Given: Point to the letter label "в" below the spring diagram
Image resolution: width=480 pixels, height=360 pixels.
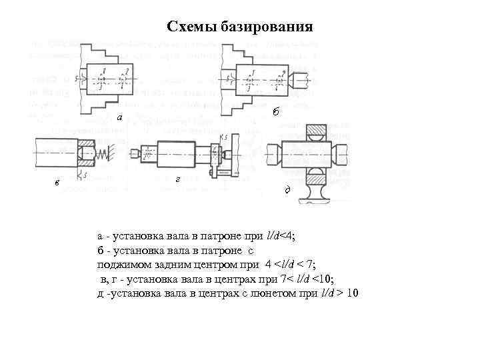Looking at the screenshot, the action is tap(57, 183).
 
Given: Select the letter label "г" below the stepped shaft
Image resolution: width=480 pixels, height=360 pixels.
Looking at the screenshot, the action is tap(176, 179).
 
